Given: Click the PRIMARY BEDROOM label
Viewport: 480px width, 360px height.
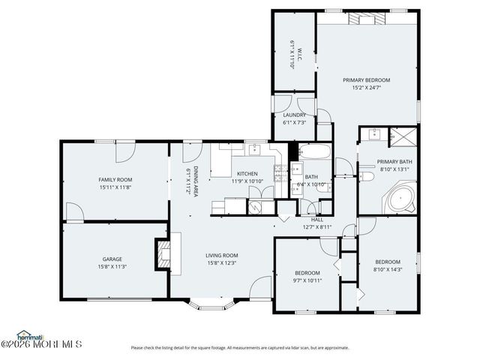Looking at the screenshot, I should (366, 79).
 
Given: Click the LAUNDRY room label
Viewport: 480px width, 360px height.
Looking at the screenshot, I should (294, 115).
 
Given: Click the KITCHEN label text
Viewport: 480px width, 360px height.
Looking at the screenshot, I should (247, 173).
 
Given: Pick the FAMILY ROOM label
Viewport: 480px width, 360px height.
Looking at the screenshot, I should (115, 180).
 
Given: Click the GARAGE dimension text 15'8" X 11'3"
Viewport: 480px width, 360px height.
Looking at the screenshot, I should (112, 266).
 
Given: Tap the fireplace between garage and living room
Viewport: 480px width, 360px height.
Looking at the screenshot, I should (162, 253).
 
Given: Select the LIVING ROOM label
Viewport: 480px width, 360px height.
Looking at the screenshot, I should (222, 255).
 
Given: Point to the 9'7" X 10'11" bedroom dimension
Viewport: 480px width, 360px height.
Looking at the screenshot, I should (307, 280).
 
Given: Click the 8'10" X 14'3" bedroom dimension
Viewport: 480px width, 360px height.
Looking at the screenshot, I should (388, 269).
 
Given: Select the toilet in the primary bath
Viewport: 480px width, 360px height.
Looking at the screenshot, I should (369, 176).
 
